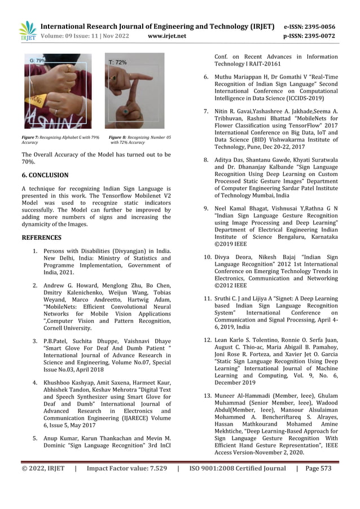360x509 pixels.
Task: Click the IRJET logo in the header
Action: (x=27, y=31)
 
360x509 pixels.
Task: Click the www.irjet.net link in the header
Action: (x=166, y=36)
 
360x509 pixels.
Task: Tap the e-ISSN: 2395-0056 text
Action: (x=309, y=27)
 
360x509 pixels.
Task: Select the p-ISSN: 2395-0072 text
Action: (x=309, y=36)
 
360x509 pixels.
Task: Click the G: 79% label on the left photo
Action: (x=37, y=60)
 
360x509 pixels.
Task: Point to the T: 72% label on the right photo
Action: (x=117, y=63)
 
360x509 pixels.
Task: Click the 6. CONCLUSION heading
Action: (x=45, y=175)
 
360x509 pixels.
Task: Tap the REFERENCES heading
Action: (x=41, y=238)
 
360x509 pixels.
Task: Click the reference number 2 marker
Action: (x=35, y=286)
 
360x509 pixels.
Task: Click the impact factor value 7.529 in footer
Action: (x=155, y=468)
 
